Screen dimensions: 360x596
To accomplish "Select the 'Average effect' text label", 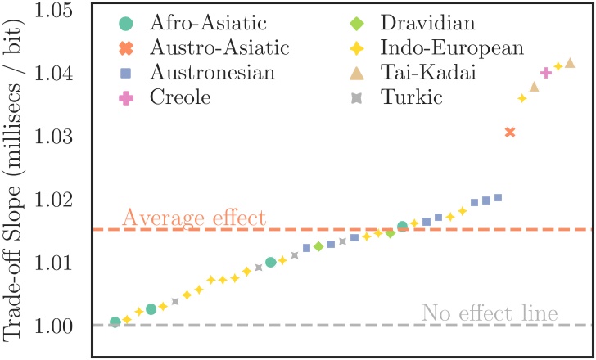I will coord(194,218).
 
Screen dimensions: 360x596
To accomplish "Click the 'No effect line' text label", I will coord(490,313).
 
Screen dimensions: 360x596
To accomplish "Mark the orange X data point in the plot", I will coord(510,132).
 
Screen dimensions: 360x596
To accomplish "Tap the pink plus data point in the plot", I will coord(546,74).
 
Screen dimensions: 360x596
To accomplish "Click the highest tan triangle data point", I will coord(570,63).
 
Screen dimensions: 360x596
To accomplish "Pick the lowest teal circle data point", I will coord(115,322).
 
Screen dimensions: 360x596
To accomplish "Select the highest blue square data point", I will coord(498,197).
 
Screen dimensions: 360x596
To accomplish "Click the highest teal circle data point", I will coord(402,226).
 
